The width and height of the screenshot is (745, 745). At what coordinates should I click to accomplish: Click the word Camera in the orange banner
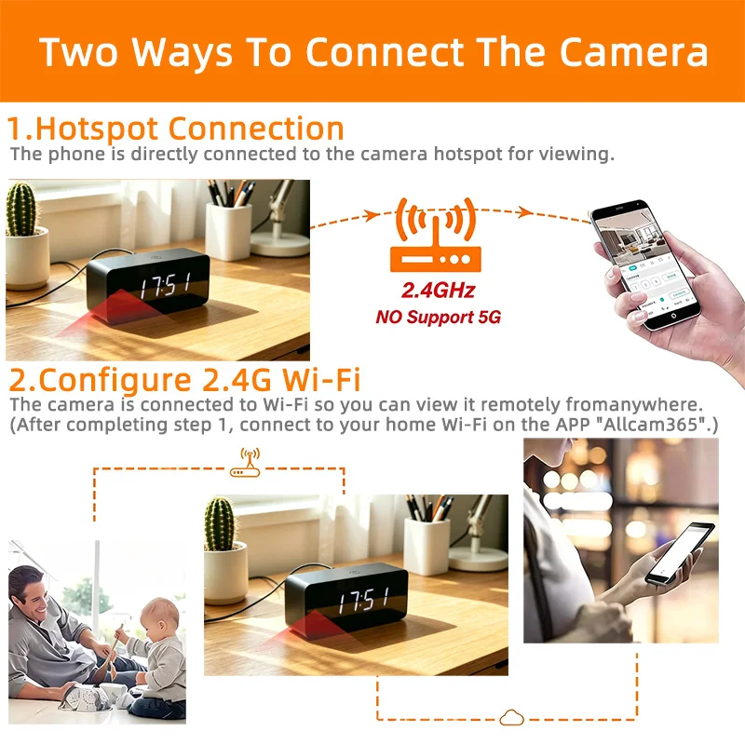[x=634, y=52]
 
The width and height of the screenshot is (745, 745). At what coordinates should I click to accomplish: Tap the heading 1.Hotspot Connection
[x=175, y=129]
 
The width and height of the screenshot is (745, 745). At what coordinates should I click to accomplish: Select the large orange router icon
[x=436, y=236]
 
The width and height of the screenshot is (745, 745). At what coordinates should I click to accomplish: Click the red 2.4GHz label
[x=438, y=291]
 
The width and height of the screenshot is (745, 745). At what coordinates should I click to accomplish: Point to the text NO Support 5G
[x=438, y=317]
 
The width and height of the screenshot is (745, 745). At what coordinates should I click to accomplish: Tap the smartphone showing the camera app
[x=645, y=264]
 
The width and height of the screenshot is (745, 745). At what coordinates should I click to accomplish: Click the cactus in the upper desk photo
[x=20, y=210]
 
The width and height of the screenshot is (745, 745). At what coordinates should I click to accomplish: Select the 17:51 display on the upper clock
[x=166, y=285]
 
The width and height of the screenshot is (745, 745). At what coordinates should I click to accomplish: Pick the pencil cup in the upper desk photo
[x=228, y=231]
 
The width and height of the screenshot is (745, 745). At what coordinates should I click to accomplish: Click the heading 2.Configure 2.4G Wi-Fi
[x=184, y=380]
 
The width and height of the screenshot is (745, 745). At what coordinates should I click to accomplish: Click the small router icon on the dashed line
[x=245, y=462]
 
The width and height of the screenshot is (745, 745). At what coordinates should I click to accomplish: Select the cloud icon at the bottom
[x=511, y=717]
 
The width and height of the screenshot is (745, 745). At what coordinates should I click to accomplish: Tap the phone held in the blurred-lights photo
[x=679, y=553]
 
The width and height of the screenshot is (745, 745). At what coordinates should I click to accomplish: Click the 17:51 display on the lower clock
[x=364, y=600]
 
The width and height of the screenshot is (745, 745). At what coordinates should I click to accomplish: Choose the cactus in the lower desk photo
[x=220, y=524]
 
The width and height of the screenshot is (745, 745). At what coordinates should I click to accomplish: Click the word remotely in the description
[x=521, y=405]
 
